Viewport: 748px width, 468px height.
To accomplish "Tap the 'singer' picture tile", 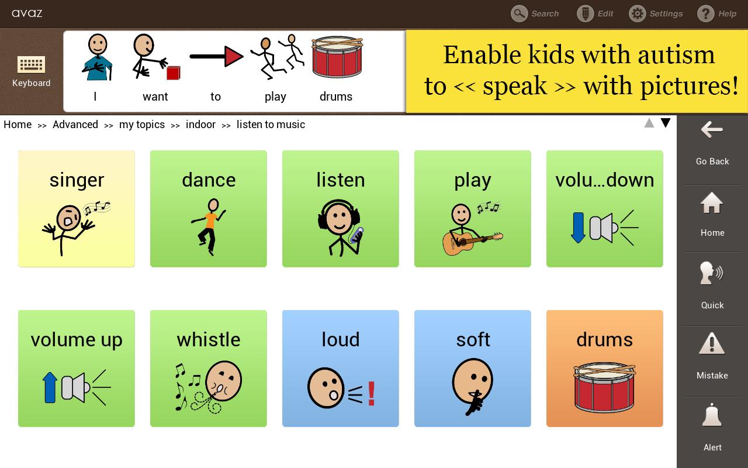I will (77, 209).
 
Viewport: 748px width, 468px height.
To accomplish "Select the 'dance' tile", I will (209, 209).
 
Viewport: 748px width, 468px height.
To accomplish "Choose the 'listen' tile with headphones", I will (341, 209).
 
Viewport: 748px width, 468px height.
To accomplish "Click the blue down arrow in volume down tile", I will (578, 228).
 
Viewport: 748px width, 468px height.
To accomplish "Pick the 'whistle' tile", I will (209, 369).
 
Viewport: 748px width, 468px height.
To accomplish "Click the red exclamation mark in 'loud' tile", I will (371, 394).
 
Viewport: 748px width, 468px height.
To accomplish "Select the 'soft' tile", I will (473, 369).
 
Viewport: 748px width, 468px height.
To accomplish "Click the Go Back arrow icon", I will (712, 130).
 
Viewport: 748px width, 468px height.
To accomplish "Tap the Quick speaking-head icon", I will (711, 273).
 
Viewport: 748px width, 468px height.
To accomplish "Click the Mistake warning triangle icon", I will (712, 344).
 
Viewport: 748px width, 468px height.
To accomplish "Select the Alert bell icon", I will (712, 415).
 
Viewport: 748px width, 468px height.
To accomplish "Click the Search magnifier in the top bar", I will (519, 13).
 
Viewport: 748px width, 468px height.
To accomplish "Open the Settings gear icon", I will (637, 13).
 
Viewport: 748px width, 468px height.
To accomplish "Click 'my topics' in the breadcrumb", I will (142, 125).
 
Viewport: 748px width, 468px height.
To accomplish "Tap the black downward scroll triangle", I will (665, 123).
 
